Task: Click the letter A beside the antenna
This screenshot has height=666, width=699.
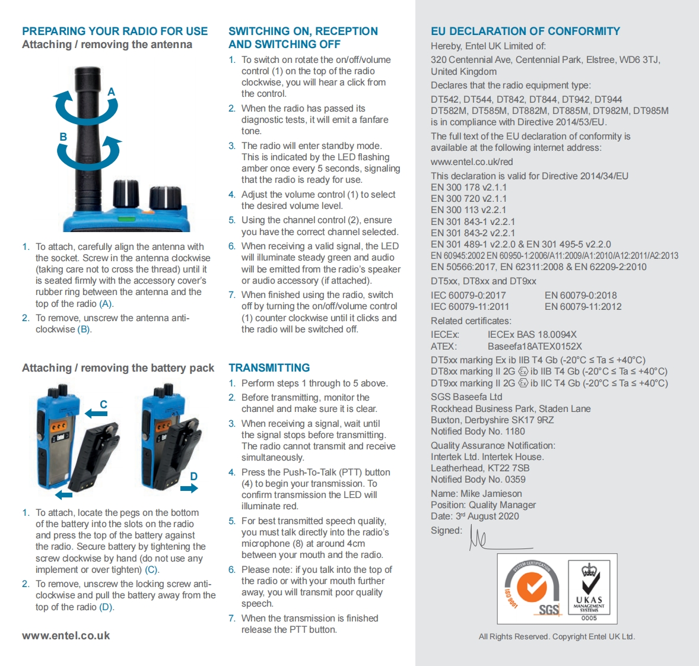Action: click(x=111, y=92)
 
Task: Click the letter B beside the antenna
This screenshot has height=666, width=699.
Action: click(x=63, y=137)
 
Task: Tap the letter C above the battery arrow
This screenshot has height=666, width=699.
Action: click(x=103, y=404)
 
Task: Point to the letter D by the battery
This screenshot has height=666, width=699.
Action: click(x=193, y=476)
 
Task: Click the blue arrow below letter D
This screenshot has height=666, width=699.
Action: click(x=189, y=489)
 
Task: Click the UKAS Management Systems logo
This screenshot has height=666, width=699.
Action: click(x=589, y=590)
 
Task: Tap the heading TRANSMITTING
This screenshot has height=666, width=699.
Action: click(x=269, y=368)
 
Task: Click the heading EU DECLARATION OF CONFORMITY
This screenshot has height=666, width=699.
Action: click(x=525, y=31)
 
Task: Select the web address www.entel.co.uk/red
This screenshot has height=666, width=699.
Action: click(x=472, y=162)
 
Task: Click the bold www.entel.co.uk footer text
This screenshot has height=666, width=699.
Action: click(x=66, y=636)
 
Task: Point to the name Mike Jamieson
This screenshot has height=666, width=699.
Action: click(x=491, y=494)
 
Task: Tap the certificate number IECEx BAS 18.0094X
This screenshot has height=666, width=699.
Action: click(x=532, y=335)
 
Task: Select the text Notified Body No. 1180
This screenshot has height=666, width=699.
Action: click(x=478, y=432)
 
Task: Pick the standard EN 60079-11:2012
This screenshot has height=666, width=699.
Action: click(x=583, y=307)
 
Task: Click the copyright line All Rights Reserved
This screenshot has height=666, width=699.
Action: click(x=557, y=637)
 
